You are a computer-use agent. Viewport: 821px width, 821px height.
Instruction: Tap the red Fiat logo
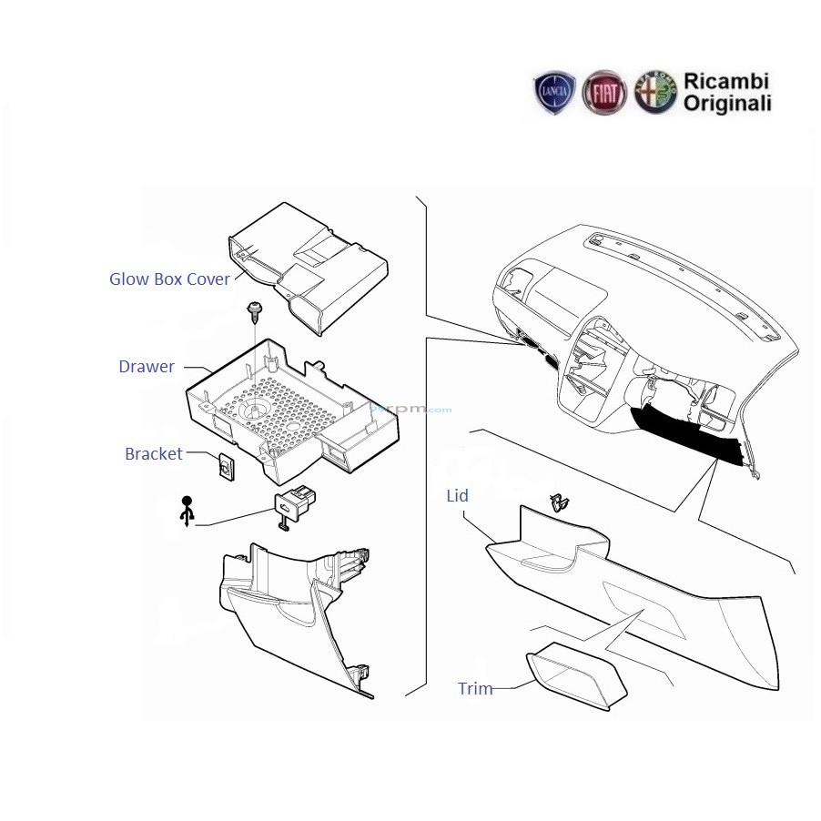[x=604, y=93]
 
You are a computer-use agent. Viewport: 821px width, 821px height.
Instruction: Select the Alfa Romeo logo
[x=655, y=93]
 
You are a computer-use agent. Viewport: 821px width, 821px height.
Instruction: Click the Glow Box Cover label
[x=170, y=279]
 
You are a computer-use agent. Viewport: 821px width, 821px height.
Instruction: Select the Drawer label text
[x=147, y=367]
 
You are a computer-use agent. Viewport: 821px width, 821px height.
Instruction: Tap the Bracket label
[x=154, y=453]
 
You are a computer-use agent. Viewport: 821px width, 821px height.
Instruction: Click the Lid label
[x=457, y=496]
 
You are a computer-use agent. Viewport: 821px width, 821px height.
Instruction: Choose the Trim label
[x=475, y=689]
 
